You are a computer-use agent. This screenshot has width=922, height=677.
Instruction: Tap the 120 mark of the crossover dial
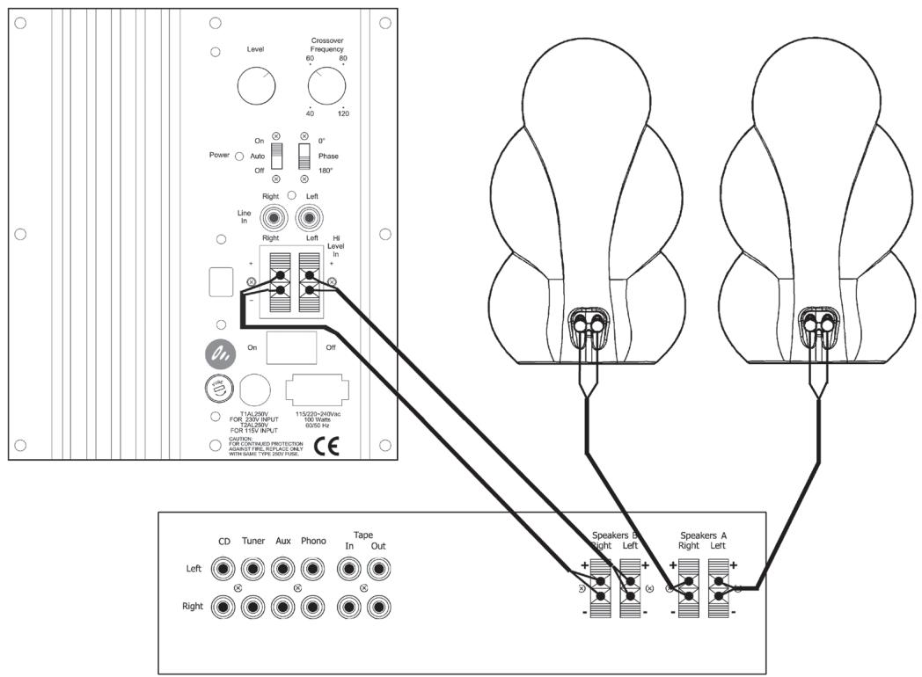tap(343, 113)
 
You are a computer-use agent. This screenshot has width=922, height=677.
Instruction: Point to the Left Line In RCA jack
tap(308, 215)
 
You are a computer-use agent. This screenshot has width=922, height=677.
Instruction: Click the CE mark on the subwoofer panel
tap(326, 446)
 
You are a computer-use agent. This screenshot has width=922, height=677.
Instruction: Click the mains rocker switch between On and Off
tap(290, 347)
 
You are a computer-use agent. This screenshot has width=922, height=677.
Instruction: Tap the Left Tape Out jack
tap(379, 570)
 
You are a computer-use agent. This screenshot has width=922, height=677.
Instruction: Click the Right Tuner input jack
tap(253, 606)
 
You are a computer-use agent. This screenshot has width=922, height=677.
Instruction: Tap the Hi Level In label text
tap(338, 246)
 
